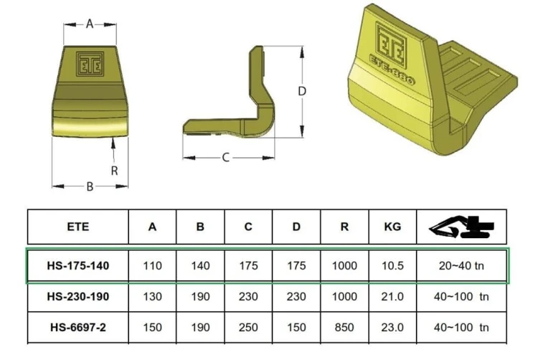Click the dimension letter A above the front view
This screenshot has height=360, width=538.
[90, 24]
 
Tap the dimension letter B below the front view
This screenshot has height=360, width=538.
[90, 186]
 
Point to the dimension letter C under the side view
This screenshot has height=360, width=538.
[225, 158]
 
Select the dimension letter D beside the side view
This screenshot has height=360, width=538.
[302, 91]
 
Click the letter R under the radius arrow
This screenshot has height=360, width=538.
[115, 171]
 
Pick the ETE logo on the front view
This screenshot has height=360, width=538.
[90, 64]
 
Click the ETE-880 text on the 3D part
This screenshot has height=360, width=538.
[392, 70]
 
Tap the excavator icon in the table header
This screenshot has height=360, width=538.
[461, 227]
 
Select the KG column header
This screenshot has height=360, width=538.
[392, 227]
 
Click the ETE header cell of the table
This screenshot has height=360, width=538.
[78, 227]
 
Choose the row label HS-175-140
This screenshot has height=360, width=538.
[78, 266]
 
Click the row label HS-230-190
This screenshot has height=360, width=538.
[78, 297]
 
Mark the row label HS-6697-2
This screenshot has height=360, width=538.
[78, 328]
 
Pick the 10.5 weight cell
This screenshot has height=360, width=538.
[392, 266]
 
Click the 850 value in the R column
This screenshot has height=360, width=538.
[344, 328]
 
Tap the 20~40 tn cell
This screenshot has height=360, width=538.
[461, 266]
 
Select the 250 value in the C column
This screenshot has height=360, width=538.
[248, 328]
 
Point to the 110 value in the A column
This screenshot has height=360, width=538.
[152, 266]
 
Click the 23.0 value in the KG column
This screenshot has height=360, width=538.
[392, 328]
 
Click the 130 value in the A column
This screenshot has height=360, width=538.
[152, 297]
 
